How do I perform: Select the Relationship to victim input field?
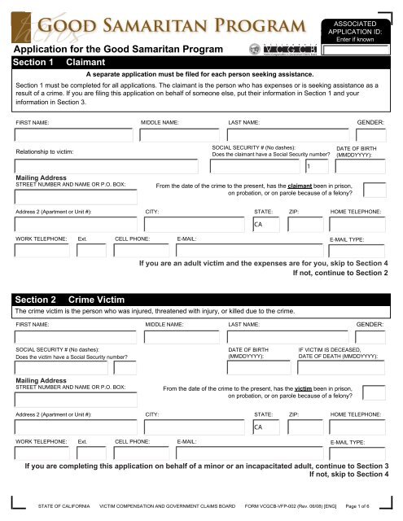point(106,166)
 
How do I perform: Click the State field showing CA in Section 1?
point(266,224)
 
